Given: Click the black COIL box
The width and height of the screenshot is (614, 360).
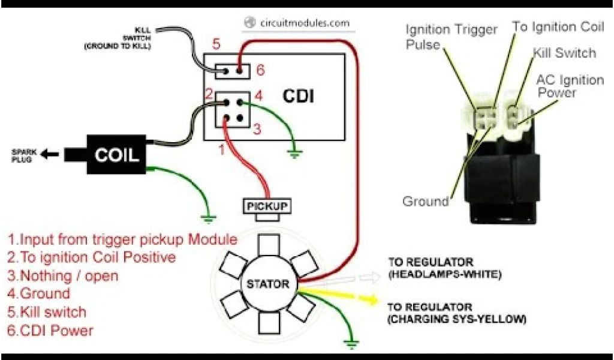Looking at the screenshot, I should click(x=116, y=155).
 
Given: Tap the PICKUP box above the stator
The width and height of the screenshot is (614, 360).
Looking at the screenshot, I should click(x=267, y=206).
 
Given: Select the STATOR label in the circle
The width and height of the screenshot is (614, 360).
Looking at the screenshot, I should click(x=267, y=284).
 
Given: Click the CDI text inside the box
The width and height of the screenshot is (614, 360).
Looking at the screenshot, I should click(x=298, y=96).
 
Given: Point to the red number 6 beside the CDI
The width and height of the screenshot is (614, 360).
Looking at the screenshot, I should click(x=260, y=71).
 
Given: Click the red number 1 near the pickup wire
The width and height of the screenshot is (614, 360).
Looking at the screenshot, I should click(x=221, y=149).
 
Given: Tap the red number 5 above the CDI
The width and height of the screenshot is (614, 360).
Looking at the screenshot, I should click(x=216, y=44).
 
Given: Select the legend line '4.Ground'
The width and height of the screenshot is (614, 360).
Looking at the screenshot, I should click(x=39, y=294).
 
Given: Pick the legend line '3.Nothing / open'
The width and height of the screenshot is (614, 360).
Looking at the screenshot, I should click(x=63, y=276).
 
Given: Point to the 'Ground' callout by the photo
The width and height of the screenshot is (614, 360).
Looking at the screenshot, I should click(x=426, y=202).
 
